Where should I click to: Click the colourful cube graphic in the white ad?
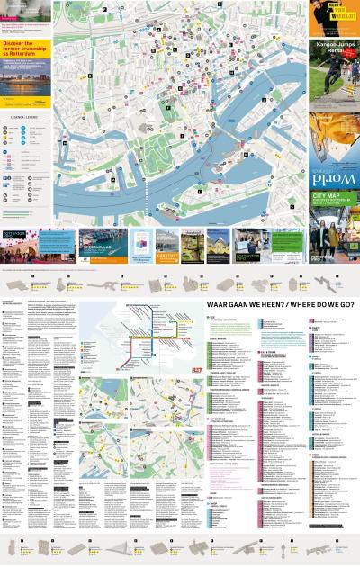(141, 238)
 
